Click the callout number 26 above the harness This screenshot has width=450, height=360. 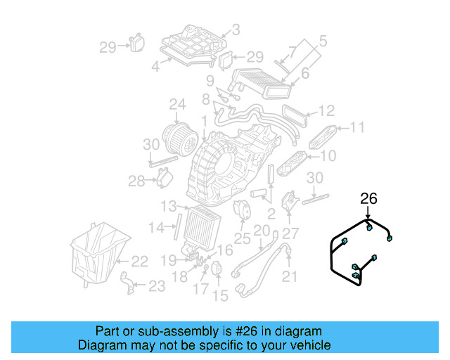(x=369, y=199)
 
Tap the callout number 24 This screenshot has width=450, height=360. (x=176, y=105)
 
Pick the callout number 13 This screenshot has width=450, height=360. (x=168, y=206)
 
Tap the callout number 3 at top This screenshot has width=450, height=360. (x=235, y=30)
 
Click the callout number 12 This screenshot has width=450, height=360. (x=326, y=111)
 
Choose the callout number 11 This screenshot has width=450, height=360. (x=358, y=127)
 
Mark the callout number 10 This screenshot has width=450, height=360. (x=328, y=156)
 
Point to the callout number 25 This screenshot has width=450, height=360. (x=242, y=239)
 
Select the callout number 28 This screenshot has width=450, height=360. (x=136, y=182)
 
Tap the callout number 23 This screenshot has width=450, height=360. (x=156, y=285)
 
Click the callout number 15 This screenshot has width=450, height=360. (x=220, y=296)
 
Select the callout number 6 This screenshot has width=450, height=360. (x=304, y=72)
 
